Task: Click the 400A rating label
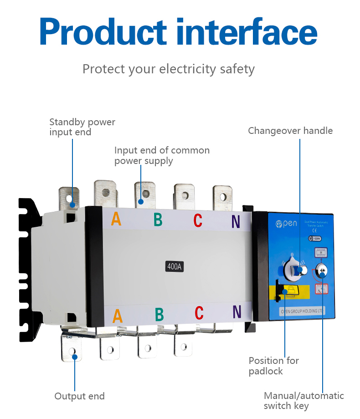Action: click(175, 266)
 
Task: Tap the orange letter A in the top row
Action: click(116, 219)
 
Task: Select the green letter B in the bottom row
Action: click(159, 314)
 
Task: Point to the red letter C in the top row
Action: click(197, 220)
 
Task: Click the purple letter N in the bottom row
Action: click(237, 312)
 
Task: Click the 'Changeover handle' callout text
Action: click(290, 131)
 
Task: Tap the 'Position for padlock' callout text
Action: click(273, 366)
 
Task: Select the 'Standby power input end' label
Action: click(82, 127)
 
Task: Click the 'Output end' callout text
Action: click(79, 396)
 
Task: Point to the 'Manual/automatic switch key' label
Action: click(303, 401)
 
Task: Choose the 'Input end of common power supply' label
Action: click(162, 155)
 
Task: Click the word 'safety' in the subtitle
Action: click(237, 69)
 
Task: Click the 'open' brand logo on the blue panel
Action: click(286, 224)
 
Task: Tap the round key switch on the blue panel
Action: click(321, 272)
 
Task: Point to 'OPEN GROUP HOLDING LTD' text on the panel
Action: click(302, 312)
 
